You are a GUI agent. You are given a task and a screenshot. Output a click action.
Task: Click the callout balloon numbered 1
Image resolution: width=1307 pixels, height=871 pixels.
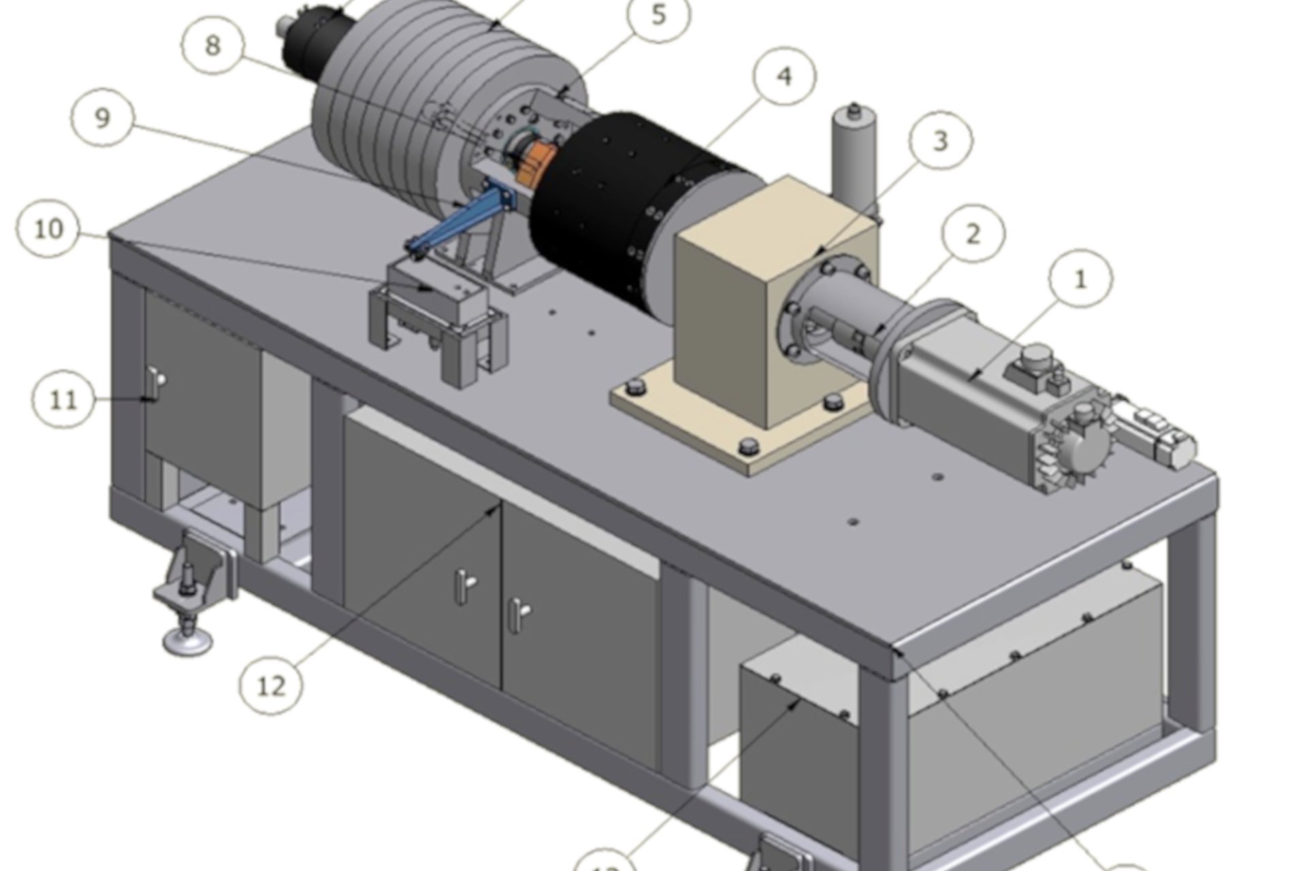(x=1080, y=280)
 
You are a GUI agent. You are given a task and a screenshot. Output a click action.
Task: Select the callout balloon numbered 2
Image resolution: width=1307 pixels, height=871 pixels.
(x=973, y=234)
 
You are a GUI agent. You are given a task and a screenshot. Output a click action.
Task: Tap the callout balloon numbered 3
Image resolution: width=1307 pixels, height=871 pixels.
(x=940, y=142)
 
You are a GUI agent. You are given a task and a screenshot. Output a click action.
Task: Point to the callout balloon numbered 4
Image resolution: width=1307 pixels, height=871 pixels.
(x=784, y=76)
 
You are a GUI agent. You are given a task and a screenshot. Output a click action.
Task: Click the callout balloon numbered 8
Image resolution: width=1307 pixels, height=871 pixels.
(x=213, y=46)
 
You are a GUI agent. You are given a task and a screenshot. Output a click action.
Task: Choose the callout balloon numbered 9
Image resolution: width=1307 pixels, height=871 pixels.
(x=102, y=118)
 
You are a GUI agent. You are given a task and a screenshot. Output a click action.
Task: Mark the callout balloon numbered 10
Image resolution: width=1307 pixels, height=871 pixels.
(x=48, y=229)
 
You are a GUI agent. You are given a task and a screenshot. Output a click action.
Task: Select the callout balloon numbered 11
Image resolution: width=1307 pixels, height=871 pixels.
(x=64, y=399)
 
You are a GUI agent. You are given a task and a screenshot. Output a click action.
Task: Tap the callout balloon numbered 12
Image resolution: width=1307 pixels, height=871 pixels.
(x=271, y=685)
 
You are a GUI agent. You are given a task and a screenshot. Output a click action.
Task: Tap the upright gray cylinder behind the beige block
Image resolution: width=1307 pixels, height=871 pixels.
(x=851, y=157)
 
